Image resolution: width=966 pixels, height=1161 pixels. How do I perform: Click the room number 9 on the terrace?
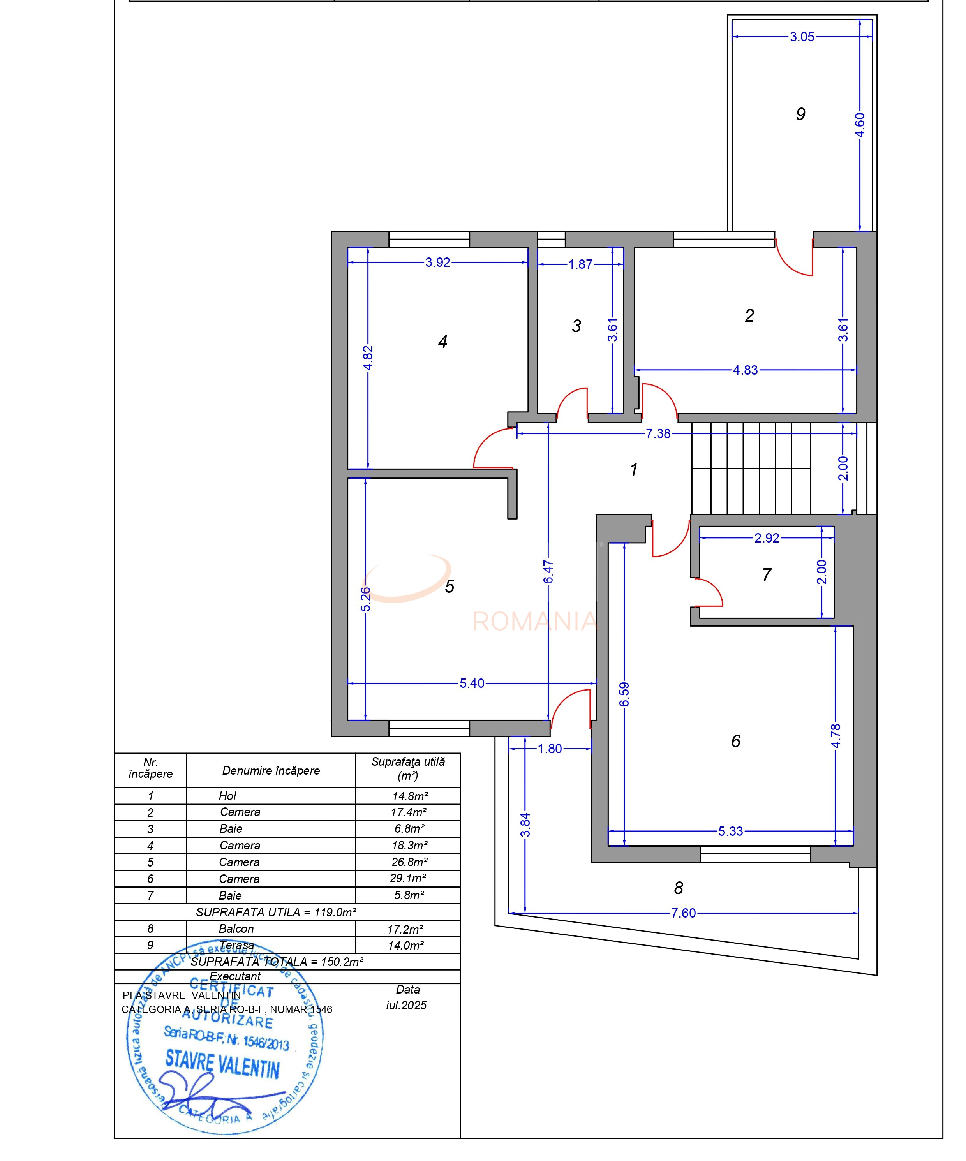coord(800,115)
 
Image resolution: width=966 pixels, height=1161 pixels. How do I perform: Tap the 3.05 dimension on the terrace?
coord(802,37)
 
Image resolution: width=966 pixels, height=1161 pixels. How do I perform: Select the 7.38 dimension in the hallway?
coord(658,433)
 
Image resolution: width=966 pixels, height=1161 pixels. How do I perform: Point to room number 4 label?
coord(442,342)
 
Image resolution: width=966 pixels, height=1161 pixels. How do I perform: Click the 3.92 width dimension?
coord(437,263)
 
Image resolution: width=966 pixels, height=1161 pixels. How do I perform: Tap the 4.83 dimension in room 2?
coord(745,370)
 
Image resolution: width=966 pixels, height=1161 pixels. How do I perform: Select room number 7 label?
coord(767,575)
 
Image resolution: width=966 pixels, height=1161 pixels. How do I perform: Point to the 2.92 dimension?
coord(767,538)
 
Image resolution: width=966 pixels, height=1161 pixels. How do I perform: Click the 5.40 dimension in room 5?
coord(472,684)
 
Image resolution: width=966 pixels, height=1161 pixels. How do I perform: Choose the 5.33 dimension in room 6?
coord(730,831)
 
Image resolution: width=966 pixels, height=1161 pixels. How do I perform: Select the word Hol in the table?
coord(227,796)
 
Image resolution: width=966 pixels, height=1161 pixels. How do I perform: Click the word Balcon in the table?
coord(236,929)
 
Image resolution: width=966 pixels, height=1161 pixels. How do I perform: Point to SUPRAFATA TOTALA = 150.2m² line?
coord(277,962)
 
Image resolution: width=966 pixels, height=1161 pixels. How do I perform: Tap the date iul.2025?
coord(406,1005)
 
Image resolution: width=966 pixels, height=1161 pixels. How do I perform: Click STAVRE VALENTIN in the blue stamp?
coord(222,1065)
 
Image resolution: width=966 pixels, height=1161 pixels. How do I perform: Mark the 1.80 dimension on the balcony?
coord(550,749)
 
